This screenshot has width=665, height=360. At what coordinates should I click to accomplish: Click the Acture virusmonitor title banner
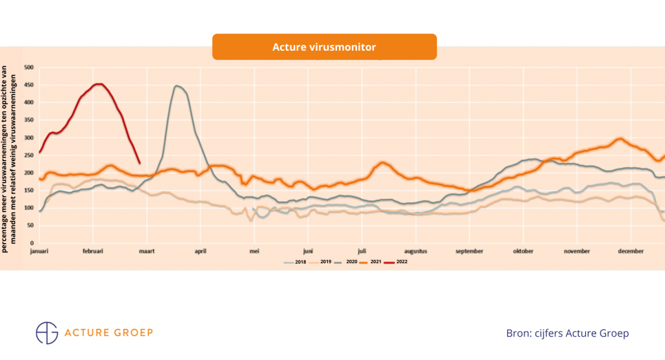(324, 47)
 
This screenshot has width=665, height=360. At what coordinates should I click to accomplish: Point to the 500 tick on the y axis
(29, 67)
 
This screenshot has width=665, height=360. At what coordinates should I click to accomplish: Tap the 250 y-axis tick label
(29, 155)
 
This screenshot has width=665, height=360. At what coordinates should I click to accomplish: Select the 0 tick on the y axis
(32, 243)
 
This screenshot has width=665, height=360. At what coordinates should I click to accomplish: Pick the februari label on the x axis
(94, 251)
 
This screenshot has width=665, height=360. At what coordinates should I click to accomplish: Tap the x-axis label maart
(148, 251)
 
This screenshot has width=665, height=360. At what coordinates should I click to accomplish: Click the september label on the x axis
(470, 251)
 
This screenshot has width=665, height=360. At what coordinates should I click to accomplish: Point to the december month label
(631, 251)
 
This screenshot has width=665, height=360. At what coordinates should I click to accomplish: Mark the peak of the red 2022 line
(98, 84)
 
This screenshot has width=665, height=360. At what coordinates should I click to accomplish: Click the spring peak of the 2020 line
(176, 86)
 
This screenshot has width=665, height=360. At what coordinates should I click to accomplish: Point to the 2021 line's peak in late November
(620, 138)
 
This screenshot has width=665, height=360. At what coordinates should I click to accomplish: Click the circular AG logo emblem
(47, 332)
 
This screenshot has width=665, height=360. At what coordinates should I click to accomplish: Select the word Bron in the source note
(518, 333)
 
